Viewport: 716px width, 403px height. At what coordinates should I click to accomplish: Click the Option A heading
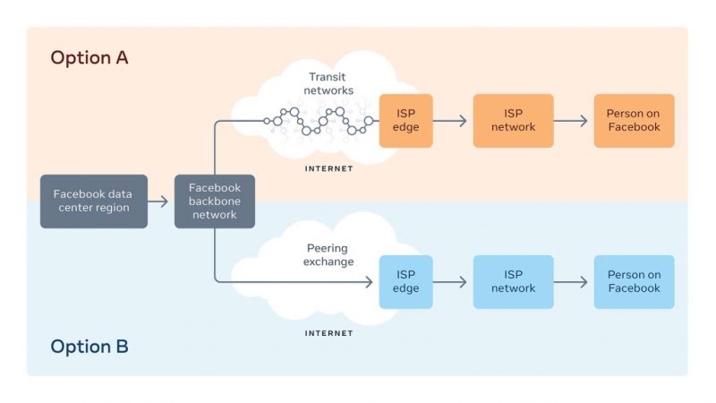click(x=89, y=58)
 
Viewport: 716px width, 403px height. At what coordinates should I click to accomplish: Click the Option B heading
click(x=89, y=347)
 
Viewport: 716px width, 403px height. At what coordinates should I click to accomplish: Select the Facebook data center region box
click(x=94, y=201)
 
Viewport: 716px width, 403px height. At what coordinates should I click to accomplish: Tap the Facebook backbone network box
click(x=215, y=201)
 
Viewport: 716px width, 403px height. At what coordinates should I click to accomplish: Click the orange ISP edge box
click(x=406, y=121)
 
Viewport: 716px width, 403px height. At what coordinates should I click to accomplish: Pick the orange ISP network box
click(x=513, y=121)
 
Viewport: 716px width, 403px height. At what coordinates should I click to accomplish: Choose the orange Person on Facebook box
click(x=635, y=121)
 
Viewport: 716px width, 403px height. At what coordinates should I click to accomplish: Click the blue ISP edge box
click(x=406, y=282)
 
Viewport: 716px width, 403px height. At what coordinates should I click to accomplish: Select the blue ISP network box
click(x=513, y=282)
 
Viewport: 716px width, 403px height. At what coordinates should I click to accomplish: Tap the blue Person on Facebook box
click(x=635, y=282)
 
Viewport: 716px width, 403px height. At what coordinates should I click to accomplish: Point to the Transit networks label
click(x=328, y=83)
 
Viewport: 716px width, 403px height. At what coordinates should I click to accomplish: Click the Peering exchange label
click(x=328, y=255)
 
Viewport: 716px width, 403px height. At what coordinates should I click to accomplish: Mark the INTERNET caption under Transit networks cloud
click(x=328, y=168)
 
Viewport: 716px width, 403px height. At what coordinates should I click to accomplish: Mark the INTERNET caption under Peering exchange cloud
click(x=328, y=333)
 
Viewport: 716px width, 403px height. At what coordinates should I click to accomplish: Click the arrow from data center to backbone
click(x=158, y=201)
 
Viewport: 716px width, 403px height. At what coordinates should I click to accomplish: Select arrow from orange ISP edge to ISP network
click(x=450, y=121)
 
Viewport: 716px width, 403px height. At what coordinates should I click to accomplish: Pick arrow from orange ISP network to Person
click(x=571, y=121)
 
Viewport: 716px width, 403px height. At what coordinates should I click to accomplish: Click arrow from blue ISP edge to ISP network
click(x=450, y=282)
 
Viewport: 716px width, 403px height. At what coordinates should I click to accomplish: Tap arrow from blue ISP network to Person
click(x=571, y=282)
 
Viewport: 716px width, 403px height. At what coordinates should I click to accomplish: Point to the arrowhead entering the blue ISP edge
click(x=370, y=282)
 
